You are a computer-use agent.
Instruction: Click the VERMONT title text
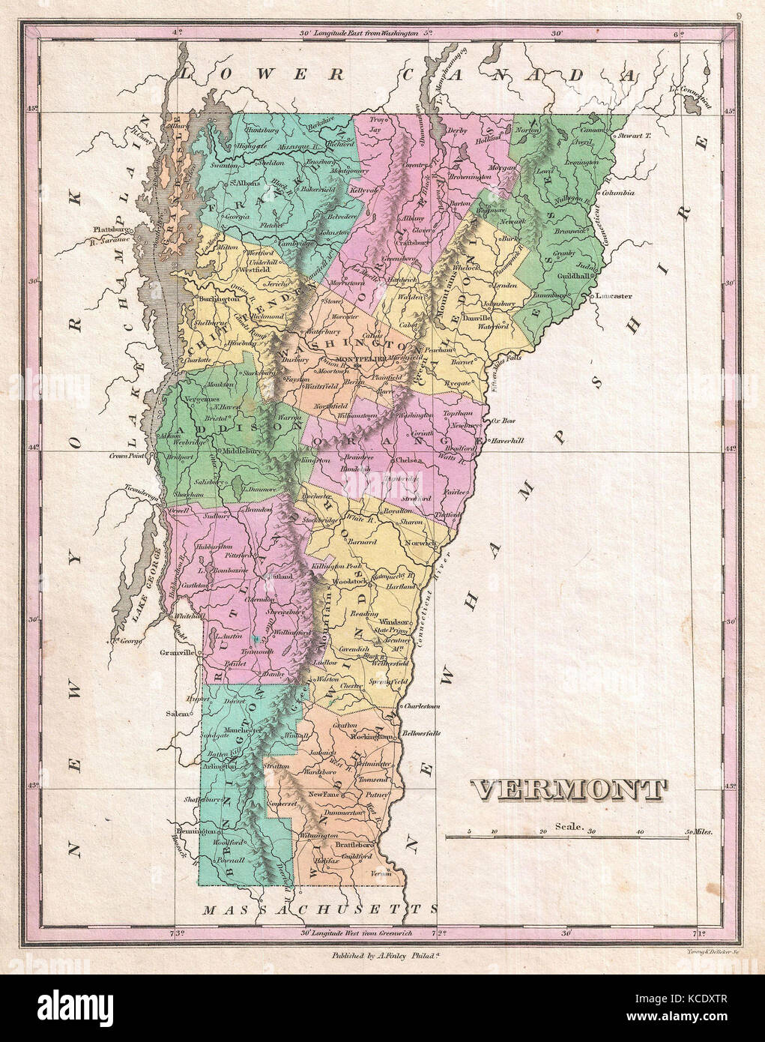[569, 789]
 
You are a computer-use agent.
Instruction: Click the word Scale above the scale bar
[569, 827]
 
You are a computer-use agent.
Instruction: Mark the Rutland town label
[280, 577]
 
